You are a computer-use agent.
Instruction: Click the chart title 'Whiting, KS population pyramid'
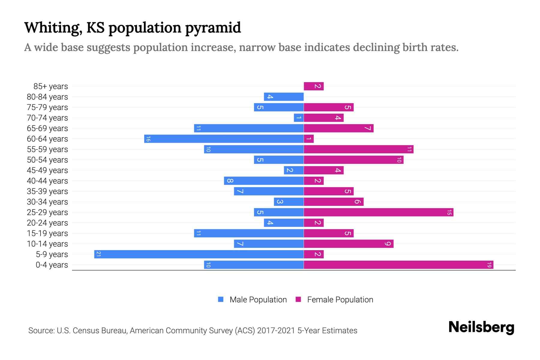pos(132,28)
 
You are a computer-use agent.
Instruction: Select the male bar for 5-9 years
pos(199,254)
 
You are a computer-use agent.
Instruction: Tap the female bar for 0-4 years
pos(398,265)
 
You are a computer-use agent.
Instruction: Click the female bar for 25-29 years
pos(378,212)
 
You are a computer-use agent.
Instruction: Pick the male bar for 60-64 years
pos(224,139)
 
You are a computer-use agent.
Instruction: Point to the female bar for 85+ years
pos(313,86)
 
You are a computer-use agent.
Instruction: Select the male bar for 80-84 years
pos(283,97)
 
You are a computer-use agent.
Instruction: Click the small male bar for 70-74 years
pos(298,118)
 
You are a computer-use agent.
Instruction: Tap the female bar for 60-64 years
pos(309,139)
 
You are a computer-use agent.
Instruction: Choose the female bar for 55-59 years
pos(358,149)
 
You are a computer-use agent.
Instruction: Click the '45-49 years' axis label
pos(47,170)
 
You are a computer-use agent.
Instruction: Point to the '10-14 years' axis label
pos(47,244)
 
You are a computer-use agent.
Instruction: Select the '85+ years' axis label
pos(51,86)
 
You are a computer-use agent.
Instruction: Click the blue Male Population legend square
pos(221,299)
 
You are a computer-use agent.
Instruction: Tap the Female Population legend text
pos(340,300)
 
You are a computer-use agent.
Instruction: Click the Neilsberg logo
pos(481,327)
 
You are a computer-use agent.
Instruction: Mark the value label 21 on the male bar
pos(98,254)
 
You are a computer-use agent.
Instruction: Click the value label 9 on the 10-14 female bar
pos(388,244)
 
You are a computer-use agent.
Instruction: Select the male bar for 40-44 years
pos(264,181)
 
